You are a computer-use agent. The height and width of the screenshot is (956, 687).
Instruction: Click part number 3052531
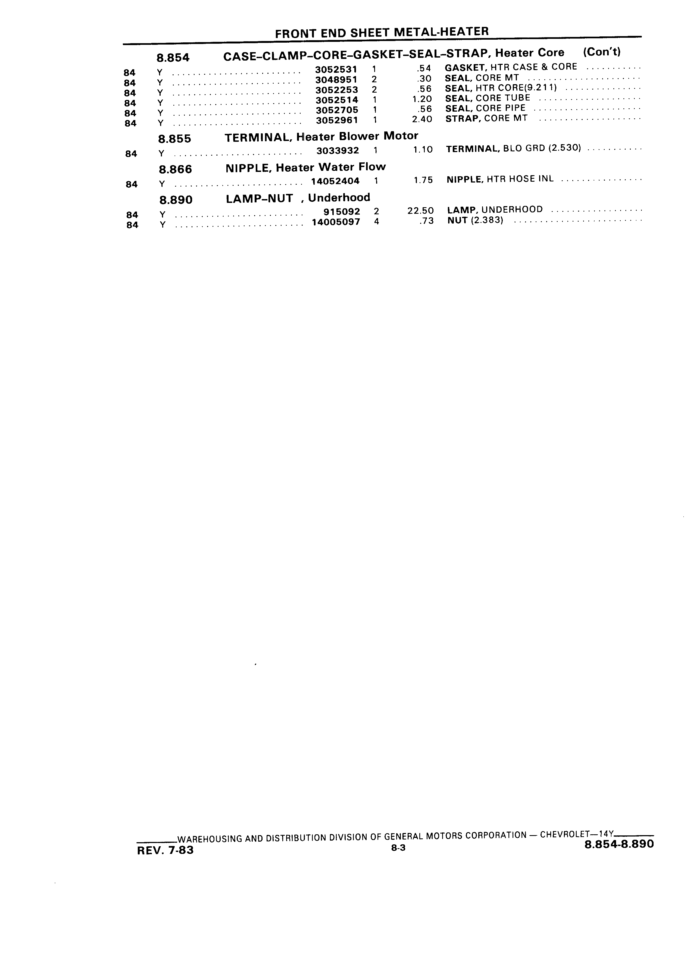click(x=336, y=69)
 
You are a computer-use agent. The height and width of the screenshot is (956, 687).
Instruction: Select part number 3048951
click(x=336, y=79)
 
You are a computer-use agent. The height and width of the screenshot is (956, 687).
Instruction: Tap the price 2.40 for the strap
click(x=422, y=119)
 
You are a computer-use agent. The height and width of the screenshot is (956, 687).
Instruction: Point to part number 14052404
click(x=335, y=181)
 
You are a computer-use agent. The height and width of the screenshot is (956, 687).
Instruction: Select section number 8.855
click(x=174, y=139)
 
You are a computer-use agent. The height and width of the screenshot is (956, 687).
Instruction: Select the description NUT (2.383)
click(x=475, y=221)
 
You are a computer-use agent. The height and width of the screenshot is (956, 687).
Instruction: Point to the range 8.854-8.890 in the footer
click(x=620, y=844)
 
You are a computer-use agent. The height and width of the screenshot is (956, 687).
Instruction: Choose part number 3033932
click(x=338, y=150)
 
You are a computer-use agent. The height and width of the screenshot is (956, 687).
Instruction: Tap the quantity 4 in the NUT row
click(x=376, y=221)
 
